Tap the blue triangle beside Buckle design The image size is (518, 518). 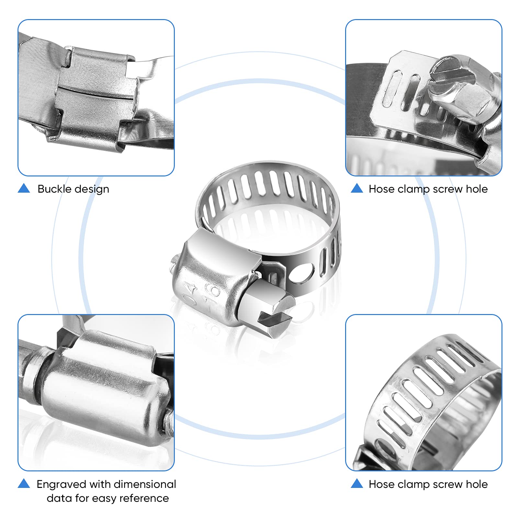tap(24, 188)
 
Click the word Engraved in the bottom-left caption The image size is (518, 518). tap(62, 484)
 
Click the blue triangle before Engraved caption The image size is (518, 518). tap(24, 484)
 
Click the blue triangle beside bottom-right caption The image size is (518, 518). tap(357, 484)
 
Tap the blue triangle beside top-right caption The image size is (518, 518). tap(357, 188)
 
